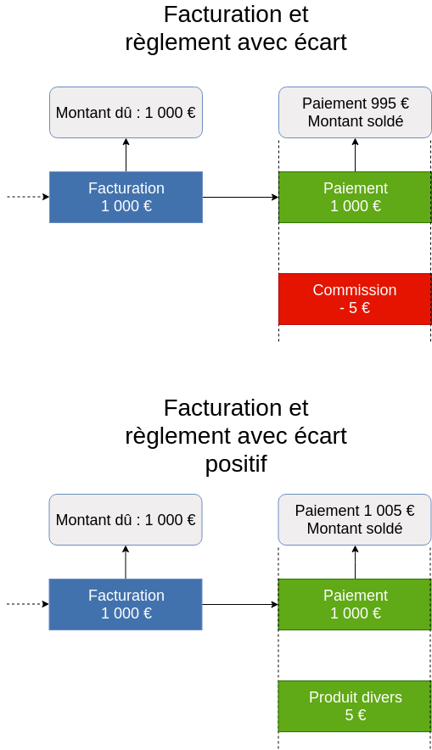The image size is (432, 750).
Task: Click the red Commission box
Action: tap(355, 299)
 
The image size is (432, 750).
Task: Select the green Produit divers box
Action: tap(355, 706)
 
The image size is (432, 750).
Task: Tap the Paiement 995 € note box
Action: tap(355, 112)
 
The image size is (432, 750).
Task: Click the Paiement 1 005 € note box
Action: tap(355, 519)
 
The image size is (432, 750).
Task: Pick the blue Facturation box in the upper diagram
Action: tap(126, 197)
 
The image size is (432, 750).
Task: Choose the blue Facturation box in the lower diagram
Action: tap(126, 605)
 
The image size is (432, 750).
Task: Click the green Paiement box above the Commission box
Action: tap(355, 197)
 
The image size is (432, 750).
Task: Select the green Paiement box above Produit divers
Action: tap(355, 605)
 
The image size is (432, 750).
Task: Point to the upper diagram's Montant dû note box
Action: tap(126, 112)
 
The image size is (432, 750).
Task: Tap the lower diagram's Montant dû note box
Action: tap(126, 519)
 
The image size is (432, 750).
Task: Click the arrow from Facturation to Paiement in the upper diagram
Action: tap(241, 197)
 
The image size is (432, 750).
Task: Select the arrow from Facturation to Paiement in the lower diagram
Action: tap(240, 605)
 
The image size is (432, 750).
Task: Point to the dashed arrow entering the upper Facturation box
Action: tap(28, 197)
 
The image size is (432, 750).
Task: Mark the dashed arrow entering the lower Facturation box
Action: tap(28, 604)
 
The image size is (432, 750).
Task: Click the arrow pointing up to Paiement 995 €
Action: tap(355, 155)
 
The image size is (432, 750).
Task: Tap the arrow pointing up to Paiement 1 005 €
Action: tap(355, 562)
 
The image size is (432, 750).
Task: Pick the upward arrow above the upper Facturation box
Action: tap(126, 155)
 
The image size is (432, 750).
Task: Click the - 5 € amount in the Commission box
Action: tap(355, 308)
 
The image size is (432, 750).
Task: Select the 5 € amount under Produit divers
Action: tap(356, 715)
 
